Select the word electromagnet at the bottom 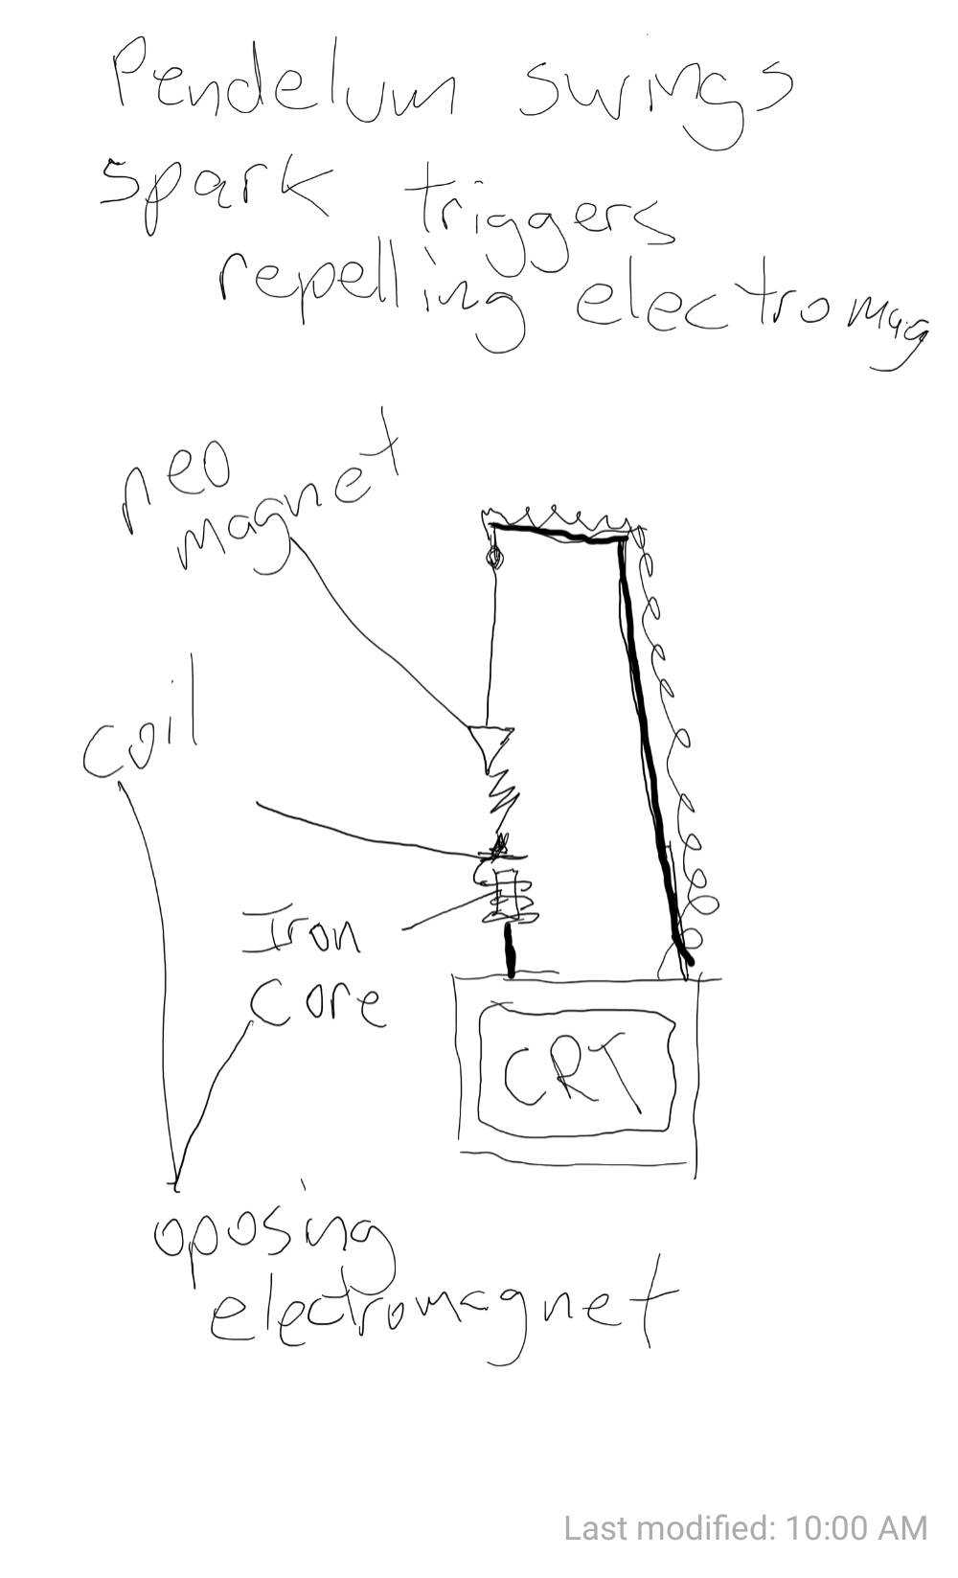441,1308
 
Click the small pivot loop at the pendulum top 494,557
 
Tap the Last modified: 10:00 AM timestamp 745,1528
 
